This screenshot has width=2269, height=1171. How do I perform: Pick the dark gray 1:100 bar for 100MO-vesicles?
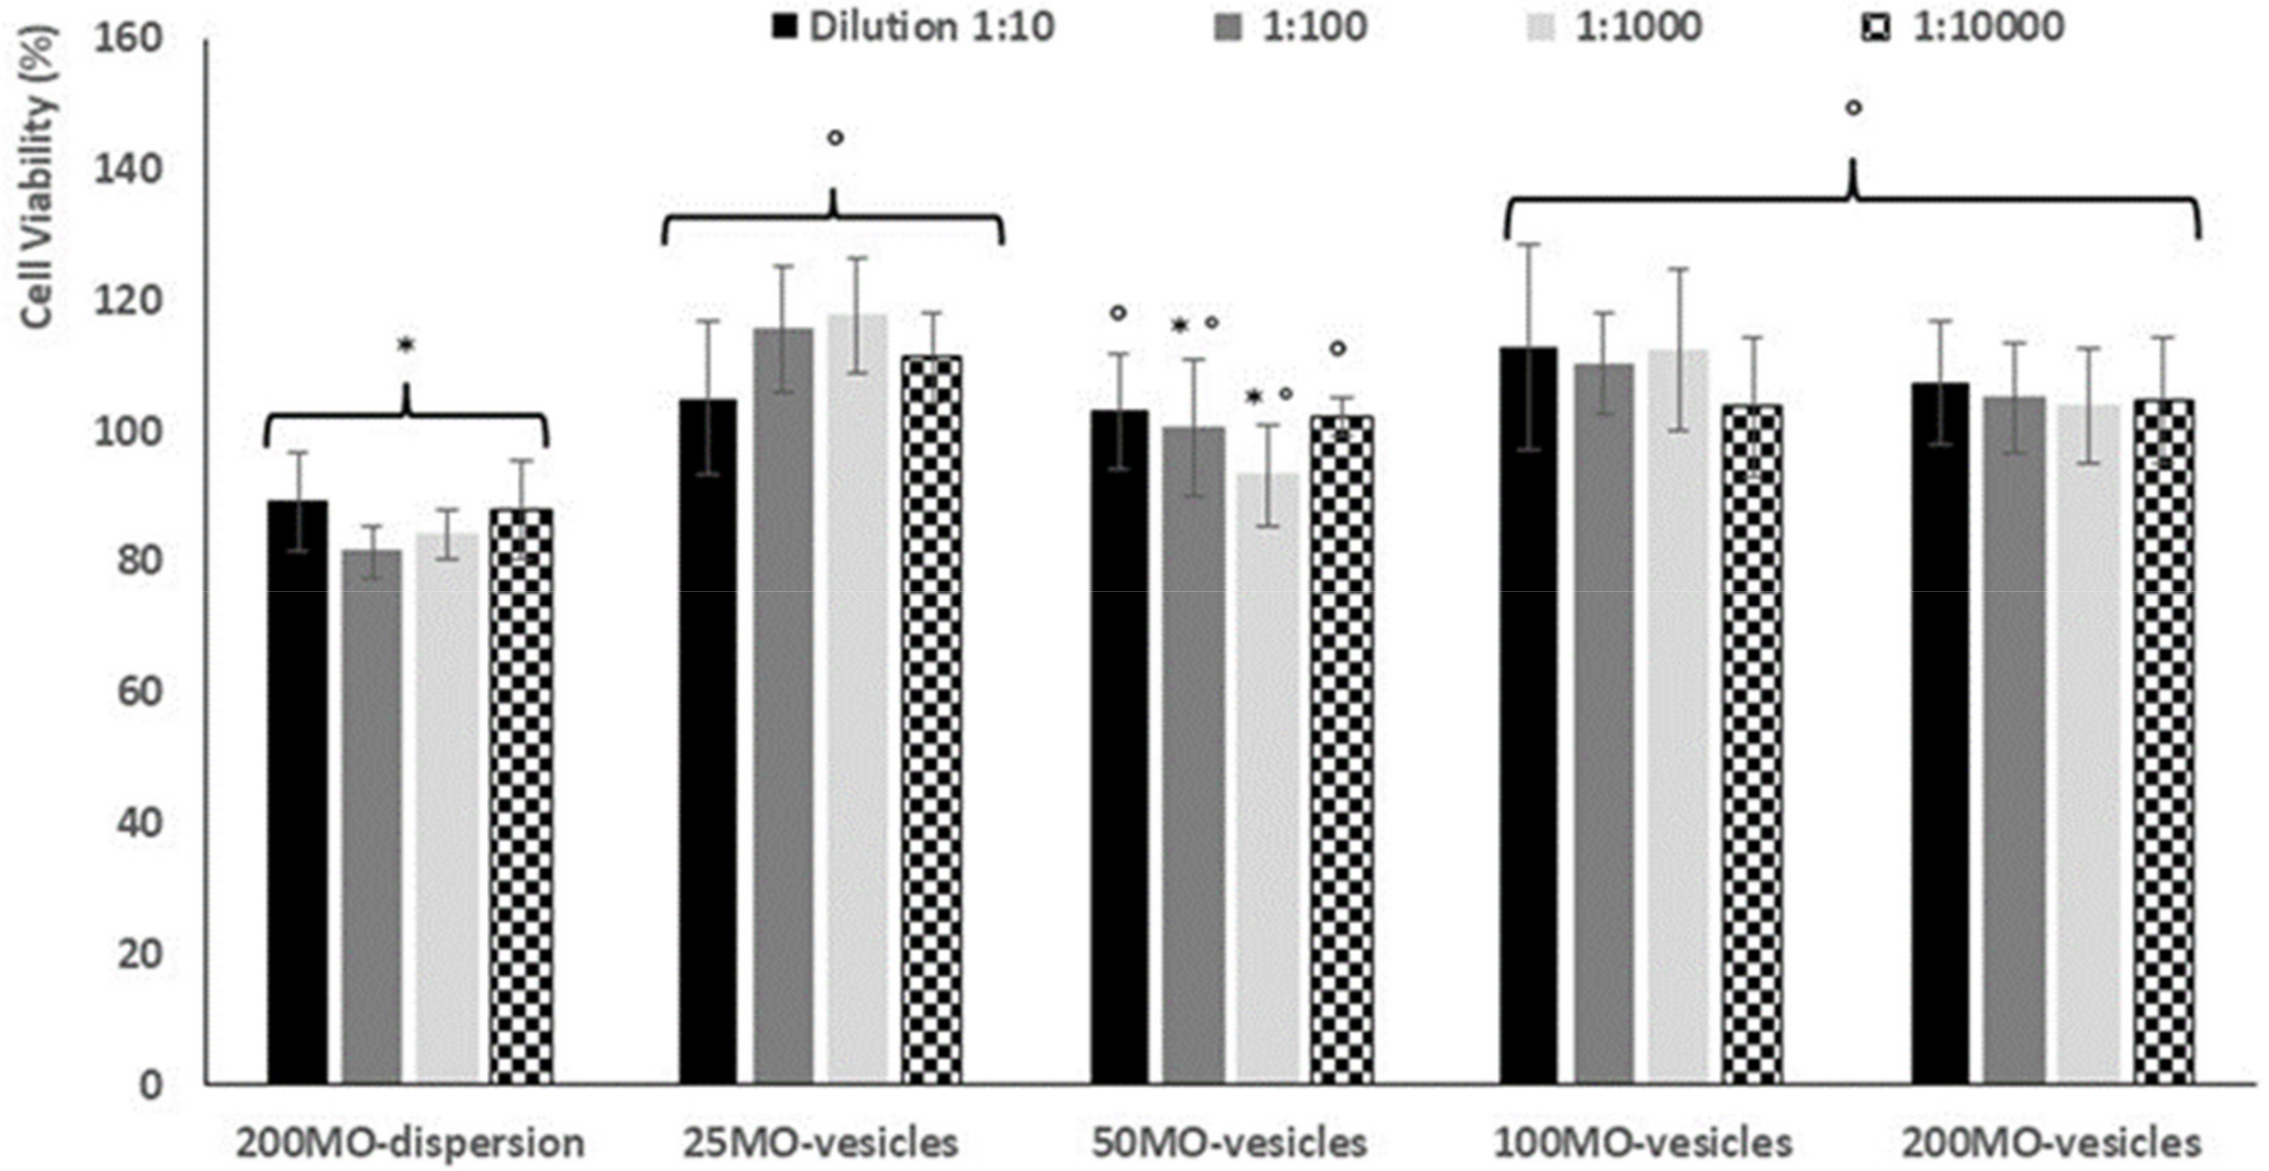pyautogui.click(x=1603, y=723)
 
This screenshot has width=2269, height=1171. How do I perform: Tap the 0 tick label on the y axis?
pyautogui.click(x=152, y=1083)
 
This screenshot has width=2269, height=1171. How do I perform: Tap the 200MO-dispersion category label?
pyautogui.click(x=410, y=1143)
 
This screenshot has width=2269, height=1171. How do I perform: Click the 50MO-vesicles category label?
pyautogui.click(x=1229, y=1143)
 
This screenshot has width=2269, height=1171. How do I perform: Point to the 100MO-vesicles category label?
pyautogui.click(x=1642, y=1143)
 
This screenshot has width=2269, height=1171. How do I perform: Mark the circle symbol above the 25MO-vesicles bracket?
pyautogui.click(x=835, y=137)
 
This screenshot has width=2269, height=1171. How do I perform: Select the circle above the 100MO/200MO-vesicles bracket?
pyautogui.click(x=1853, y=107)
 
